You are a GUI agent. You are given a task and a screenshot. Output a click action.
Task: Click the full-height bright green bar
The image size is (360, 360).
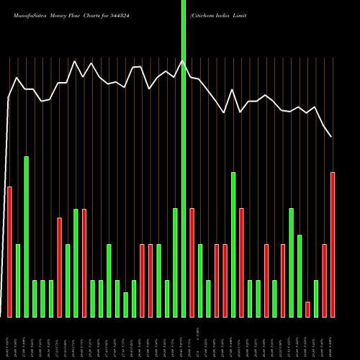(x=184, y=158)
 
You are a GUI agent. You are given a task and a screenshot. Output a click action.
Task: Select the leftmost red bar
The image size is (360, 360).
(x=9, y=252)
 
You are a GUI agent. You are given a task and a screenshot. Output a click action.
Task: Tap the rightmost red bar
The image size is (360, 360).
(x=333, y=245)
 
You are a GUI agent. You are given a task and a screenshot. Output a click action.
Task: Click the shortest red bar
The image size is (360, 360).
(x=307, y=309)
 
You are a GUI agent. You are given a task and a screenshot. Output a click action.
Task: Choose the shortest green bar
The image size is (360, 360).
(x=125, y=305)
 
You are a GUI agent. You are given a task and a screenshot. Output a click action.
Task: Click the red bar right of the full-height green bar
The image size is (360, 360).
(x=192, y=262)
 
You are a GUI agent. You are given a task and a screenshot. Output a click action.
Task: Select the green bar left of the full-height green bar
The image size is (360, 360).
(x=175, y=262)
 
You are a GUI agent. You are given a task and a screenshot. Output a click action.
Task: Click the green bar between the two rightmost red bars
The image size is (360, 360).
(x=316, y=298)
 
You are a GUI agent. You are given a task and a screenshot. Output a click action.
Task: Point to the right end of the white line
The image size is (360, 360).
(x=331, y=136)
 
